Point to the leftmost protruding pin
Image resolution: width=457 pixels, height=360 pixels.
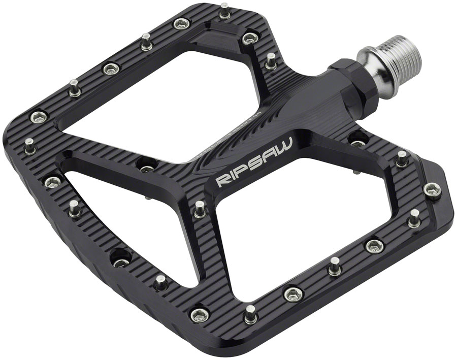(30, 145)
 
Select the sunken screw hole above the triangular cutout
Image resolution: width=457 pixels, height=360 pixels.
(147, 163)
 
